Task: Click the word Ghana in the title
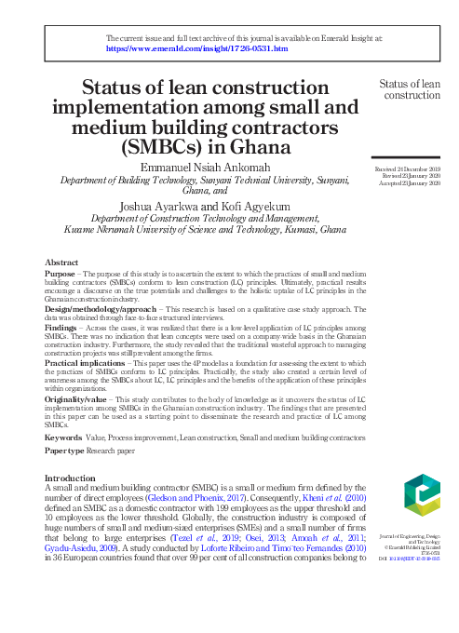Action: [x=236, y=147]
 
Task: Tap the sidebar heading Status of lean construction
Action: [x=410, y=89]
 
